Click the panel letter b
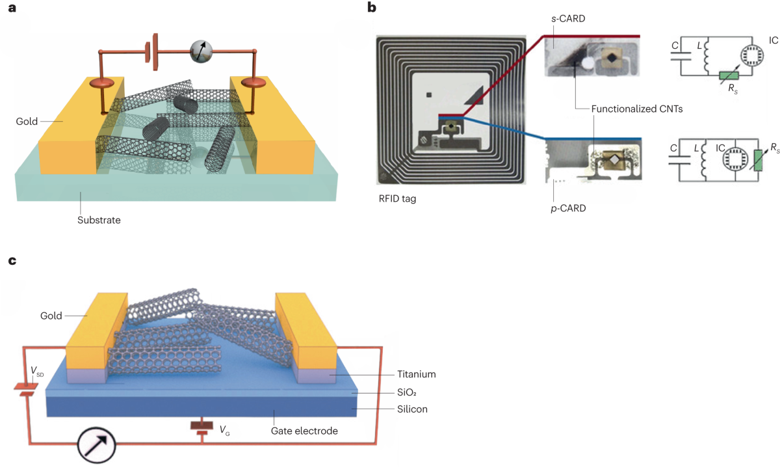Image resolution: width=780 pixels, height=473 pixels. click(x=372, y=8)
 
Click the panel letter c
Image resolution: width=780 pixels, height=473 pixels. click(x=11, y=262)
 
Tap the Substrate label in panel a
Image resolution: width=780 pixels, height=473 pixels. click(x=99, y=220)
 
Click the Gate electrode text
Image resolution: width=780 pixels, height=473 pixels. click(x=304, y=431)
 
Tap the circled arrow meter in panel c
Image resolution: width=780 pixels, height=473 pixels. click(x=96, y=446)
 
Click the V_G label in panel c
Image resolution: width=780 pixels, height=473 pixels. click(x=224, y=430)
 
